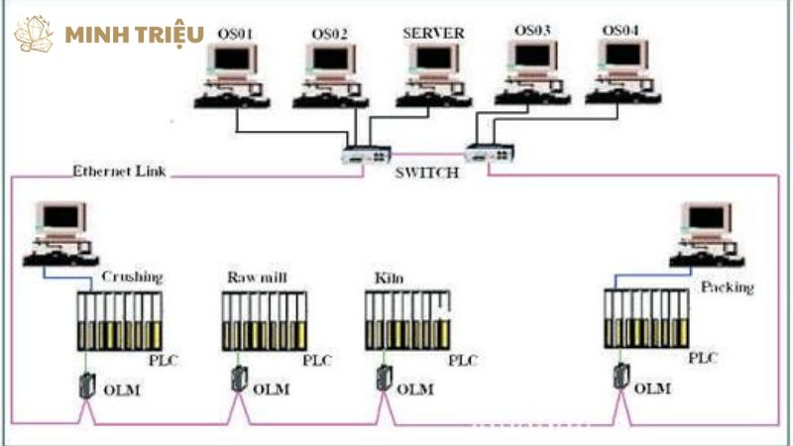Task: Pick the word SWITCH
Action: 428,172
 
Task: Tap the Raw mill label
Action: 257,277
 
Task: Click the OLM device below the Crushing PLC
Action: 86,384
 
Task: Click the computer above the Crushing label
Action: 61,234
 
